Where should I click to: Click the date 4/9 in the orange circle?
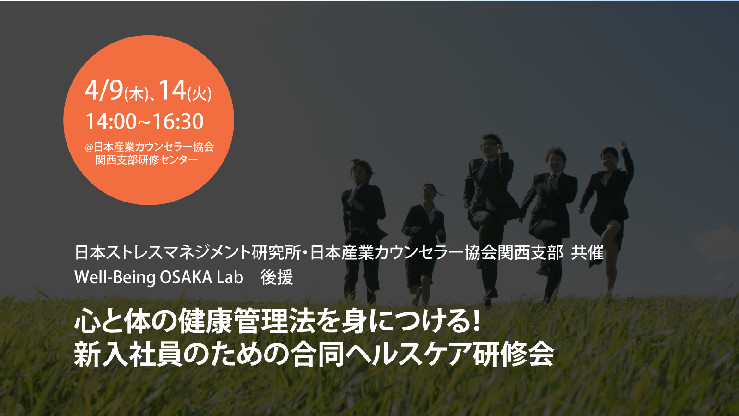click(104, 91)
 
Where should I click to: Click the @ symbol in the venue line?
click(89, 147)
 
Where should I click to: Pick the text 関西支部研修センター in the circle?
click(147, 160)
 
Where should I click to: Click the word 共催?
click(587, 252)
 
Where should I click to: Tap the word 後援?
click(277, 277)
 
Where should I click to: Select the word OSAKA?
click(186, 277)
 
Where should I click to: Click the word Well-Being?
click(115, 278)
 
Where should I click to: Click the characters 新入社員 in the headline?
click(128, 355)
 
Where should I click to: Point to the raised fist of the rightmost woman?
click(623, 146)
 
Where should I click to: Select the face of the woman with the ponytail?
click(428, 192)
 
